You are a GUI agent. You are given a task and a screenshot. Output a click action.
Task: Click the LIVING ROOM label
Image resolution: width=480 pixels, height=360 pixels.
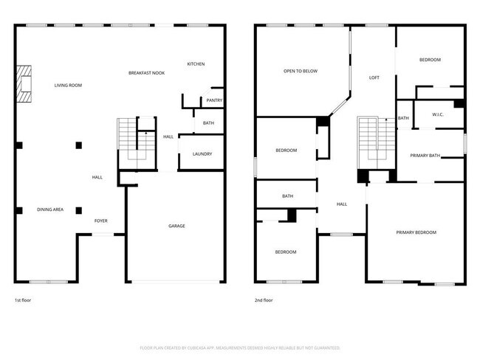[x=68, y=86]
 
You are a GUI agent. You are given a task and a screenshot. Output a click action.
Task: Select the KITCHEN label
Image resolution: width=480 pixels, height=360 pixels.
[x=196, y=64]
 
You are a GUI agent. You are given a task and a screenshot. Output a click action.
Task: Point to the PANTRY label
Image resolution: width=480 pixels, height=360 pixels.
[x=214, y=100]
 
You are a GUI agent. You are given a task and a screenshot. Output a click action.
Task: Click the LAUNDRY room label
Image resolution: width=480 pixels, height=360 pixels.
[x=202, y=153]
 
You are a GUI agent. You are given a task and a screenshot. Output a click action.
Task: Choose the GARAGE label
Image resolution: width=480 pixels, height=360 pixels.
[x=176, y=226]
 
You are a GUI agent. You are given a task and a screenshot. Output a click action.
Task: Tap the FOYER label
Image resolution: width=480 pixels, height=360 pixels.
[x=101, y=221]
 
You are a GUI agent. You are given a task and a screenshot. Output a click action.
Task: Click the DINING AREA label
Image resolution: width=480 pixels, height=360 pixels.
[x=50, y=210]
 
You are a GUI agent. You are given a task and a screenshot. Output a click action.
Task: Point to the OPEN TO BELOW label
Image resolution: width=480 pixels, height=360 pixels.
[x=301, y=72]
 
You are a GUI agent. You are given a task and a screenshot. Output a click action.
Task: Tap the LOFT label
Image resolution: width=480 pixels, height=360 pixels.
[x=374, y=77]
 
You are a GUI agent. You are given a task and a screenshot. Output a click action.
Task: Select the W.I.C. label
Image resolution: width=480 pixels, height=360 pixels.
[x=437, y=114]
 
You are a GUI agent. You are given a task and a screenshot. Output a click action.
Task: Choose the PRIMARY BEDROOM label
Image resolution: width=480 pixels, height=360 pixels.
[x=416, y=232]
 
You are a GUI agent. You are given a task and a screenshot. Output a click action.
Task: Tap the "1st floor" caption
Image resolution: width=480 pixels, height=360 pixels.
[x=23, y=300]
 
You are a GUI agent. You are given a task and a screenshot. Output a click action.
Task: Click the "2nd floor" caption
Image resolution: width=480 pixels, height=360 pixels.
[x=264, y=300]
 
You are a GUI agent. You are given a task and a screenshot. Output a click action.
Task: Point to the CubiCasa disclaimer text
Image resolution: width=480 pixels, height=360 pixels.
[x=239, y=347]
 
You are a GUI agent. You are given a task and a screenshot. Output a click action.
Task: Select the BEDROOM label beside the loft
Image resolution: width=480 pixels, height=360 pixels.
[x=430, y=60]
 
